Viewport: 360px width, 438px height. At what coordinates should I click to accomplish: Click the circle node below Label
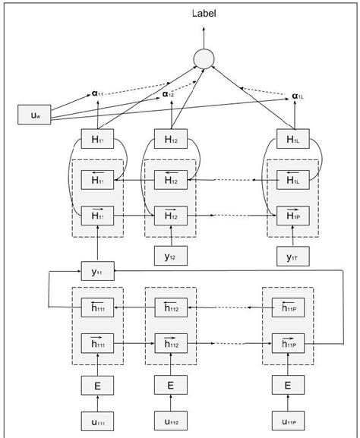tap(203, 58)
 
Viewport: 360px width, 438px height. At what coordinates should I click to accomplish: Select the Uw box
tap(34, 115)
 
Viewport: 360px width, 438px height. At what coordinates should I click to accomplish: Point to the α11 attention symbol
tap(99, 93)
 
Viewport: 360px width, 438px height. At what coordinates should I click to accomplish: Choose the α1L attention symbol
tap(299, 96)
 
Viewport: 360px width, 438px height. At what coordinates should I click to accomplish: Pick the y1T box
tap(292, 256)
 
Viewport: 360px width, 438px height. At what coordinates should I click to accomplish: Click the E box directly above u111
tap(97, 386)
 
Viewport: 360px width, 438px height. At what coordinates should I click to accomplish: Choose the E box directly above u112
tap(171, 386)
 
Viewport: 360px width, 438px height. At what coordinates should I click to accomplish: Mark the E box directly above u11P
tap(288, 386)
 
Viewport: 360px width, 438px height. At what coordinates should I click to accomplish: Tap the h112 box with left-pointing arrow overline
tap(171, 307)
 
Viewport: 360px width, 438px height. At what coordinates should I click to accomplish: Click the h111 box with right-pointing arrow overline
tap(97, 344)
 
